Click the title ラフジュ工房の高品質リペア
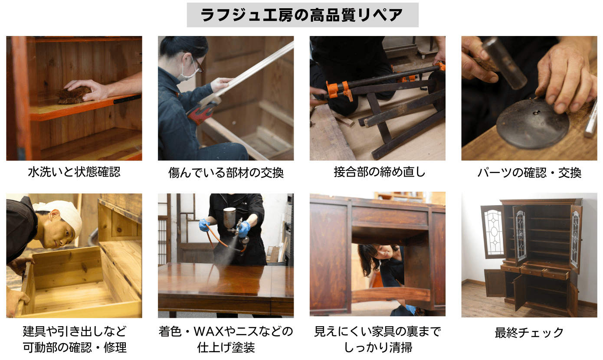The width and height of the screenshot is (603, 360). (x=302, y=15)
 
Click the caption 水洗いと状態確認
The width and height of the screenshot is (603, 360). (x=74, y=172)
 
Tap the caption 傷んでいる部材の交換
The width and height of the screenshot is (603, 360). (x=226, y=173)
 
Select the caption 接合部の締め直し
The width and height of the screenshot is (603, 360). (x=380, y=172)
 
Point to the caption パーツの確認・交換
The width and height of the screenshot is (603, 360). (x=529, y=173)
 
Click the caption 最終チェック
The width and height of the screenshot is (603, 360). (x=529, y=333)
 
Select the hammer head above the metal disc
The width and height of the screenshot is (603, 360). (x=504, y=64)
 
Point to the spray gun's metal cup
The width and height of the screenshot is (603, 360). (x=229, y=218)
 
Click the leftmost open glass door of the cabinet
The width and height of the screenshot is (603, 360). (x=493, y=231)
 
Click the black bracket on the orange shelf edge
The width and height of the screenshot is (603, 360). (x=128, y=99)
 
